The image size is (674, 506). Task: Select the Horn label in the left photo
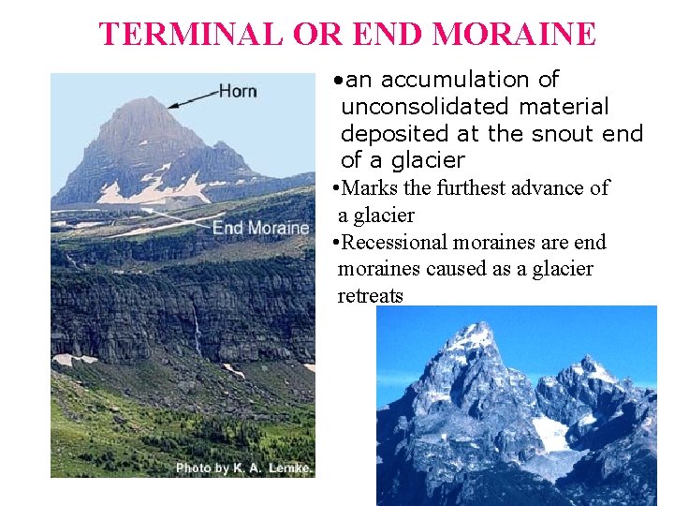[238, 91]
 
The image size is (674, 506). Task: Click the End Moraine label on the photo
[260, 228]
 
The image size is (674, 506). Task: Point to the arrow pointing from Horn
[192, 97]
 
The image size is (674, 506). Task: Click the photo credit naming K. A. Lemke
[243, 468]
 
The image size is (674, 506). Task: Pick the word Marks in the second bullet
[370, 188]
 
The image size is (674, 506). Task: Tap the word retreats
[370, 296]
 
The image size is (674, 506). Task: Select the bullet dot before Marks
[335, 188]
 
